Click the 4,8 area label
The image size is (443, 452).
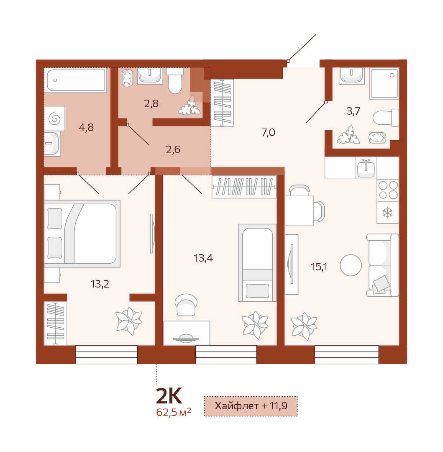86,127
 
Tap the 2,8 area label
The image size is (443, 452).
151,103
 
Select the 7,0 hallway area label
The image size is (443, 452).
268,132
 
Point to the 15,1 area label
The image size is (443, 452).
319,267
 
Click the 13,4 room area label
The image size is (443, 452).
203,258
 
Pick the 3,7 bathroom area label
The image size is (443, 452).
353,111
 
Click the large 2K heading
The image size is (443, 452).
169,396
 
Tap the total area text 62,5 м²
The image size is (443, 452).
174,412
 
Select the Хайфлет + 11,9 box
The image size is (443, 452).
251,406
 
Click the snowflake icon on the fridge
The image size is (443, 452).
387,213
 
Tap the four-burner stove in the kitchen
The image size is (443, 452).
388,190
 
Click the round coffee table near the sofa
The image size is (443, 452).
351,265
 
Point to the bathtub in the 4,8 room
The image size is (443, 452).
75,80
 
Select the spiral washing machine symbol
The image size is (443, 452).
55,119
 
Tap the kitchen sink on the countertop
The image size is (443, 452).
366,168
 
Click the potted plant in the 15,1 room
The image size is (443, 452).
304,326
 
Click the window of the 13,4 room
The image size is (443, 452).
226,354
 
